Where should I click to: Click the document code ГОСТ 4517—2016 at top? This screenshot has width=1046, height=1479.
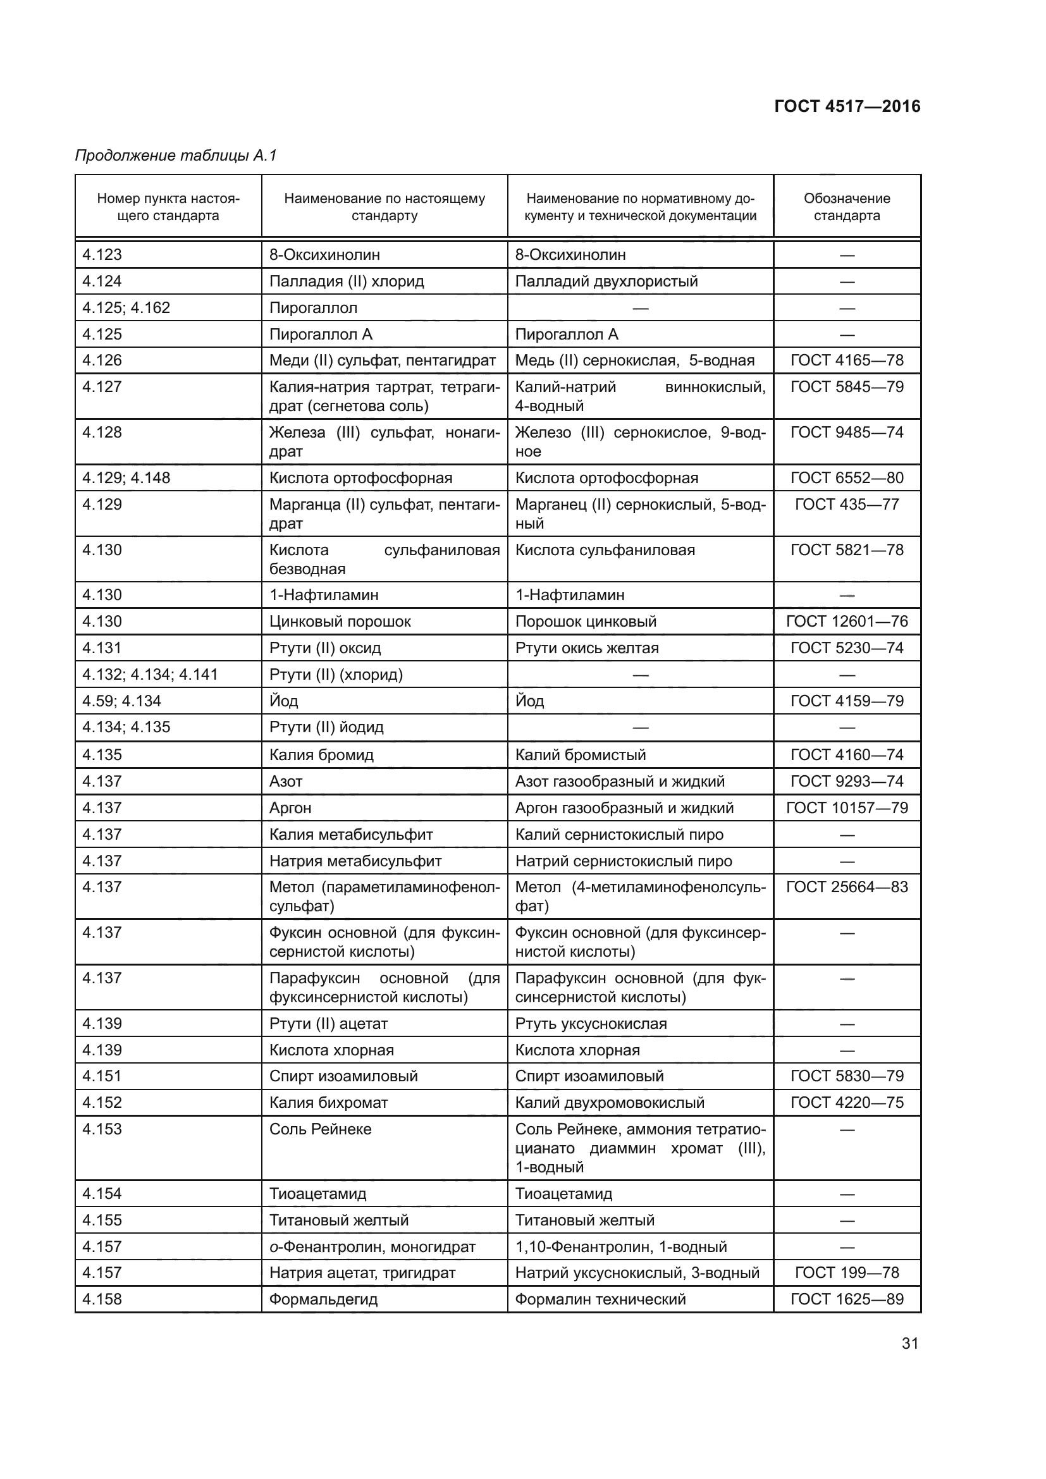847,106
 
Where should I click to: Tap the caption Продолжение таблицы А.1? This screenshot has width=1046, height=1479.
176,156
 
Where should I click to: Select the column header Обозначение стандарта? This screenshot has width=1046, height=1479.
846,207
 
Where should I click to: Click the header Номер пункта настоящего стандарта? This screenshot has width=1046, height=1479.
168,207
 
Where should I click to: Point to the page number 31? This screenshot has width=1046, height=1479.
909,1343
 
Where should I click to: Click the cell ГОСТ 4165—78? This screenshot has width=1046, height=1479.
846,360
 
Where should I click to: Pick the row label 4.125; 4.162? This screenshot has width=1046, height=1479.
126,307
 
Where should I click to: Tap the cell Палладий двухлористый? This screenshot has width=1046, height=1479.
606,281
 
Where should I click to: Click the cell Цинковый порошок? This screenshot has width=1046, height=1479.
340,621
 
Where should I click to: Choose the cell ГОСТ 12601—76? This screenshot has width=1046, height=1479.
846,621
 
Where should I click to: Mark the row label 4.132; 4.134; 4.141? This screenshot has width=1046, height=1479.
150,675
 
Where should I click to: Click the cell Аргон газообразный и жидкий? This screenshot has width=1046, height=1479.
624,807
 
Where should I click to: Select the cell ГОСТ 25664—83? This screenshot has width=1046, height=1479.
846,887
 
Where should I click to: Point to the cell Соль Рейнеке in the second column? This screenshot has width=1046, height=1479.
320,1129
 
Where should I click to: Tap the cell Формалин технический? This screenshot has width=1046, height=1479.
600,1299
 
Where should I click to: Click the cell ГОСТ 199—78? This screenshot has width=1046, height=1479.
846,1272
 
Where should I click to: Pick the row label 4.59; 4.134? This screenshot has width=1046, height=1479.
121,701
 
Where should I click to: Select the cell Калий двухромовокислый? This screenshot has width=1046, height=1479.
609,1102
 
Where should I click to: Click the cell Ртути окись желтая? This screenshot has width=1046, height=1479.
587,648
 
